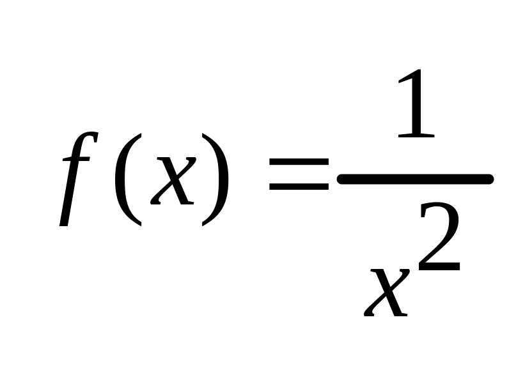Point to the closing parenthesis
coord(215,179)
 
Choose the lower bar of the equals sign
coord(299,188)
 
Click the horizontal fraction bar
coord(415,180)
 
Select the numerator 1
coord(416,105)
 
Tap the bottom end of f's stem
coord(63,224)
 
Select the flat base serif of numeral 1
coord(416,135)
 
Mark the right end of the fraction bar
coord(489,180)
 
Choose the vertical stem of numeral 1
coord(418,105)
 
